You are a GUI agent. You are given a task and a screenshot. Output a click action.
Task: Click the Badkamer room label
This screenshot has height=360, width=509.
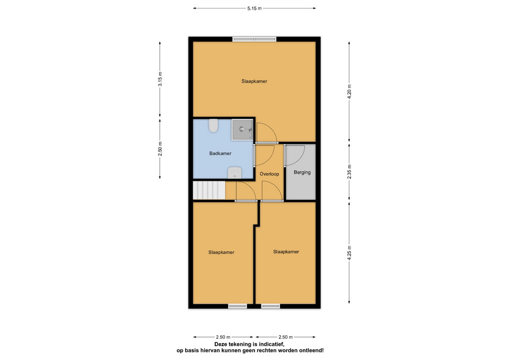[220, 154]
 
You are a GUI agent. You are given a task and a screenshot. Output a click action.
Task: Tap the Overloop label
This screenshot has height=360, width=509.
[269, 174]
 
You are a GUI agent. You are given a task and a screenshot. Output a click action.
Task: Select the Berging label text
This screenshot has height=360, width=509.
[302, 172]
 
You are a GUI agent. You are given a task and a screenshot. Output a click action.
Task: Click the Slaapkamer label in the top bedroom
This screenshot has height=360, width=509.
[254, 81]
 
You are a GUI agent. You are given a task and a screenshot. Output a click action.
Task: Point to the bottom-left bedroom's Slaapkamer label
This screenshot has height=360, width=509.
[221, 252]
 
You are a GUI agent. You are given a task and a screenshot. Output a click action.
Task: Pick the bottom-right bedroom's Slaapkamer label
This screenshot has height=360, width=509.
[286, 252]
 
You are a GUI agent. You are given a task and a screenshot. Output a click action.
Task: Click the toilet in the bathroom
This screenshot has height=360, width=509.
[213, 126]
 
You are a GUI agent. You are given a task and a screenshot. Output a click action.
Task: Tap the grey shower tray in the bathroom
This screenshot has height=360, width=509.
[242, 129]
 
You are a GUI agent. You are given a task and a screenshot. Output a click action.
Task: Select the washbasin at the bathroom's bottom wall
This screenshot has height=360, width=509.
[234, 173]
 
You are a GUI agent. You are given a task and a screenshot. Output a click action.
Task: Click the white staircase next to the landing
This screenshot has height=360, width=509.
[209, 190]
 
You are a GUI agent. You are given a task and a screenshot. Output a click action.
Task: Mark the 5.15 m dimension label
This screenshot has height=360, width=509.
[254, 8]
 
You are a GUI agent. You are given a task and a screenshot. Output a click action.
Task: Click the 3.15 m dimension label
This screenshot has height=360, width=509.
[160, 79]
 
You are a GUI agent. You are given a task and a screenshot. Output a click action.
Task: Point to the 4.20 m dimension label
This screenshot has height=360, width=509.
[349, 92]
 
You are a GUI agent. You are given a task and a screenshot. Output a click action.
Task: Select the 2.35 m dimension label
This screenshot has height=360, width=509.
[349, 172]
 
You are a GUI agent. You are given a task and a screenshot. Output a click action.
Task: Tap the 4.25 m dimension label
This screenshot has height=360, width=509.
[349, 252]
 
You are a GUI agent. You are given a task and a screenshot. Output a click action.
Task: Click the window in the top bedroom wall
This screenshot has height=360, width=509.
[254, 39]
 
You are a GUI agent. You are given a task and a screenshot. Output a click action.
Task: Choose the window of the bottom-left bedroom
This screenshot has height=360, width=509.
[238, 306]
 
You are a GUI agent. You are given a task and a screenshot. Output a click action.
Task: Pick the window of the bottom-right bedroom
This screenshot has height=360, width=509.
[270, 306]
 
